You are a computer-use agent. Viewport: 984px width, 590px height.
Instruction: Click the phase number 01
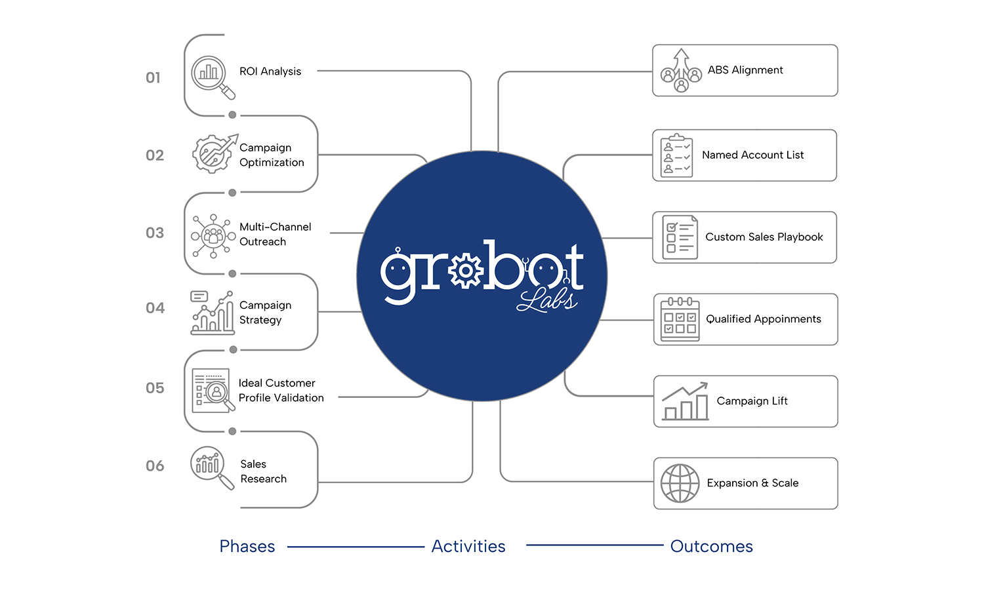tap(153, 78)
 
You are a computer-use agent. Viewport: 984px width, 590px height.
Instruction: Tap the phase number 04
tap(155, 307)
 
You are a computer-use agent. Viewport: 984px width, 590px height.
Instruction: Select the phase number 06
tap(155, 465)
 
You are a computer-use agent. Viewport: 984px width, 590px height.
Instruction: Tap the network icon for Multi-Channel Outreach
tap(213, 236)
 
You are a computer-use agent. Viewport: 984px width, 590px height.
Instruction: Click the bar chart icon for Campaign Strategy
tap(212, 313)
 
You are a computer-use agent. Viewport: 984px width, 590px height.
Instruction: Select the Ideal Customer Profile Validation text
tap(281, 390)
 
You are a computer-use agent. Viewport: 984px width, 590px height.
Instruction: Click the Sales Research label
tap(263, 471)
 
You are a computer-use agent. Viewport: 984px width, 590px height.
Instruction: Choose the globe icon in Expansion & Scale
tap(680, 483)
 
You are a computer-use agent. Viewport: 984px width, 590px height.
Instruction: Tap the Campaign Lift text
tap(752, 401)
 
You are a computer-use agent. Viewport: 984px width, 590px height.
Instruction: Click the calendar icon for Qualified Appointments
tap(680, 319)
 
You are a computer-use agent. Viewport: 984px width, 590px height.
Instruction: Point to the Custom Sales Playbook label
tap(764, 237)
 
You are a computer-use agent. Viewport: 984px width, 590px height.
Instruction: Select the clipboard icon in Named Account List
tap(676, 155)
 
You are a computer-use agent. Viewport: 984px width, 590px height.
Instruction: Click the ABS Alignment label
tap(745, 70)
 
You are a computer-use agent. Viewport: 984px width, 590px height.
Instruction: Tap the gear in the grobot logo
tap(466, 271)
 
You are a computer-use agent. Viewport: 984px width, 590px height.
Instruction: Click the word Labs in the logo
tap(547, 301)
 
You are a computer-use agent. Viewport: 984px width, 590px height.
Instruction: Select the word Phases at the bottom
tap(247, 547)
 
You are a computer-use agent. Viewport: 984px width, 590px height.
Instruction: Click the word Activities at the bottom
tap(468, 547)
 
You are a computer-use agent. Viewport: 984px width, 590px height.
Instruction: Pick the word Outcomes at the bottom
tap(712, 547)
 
